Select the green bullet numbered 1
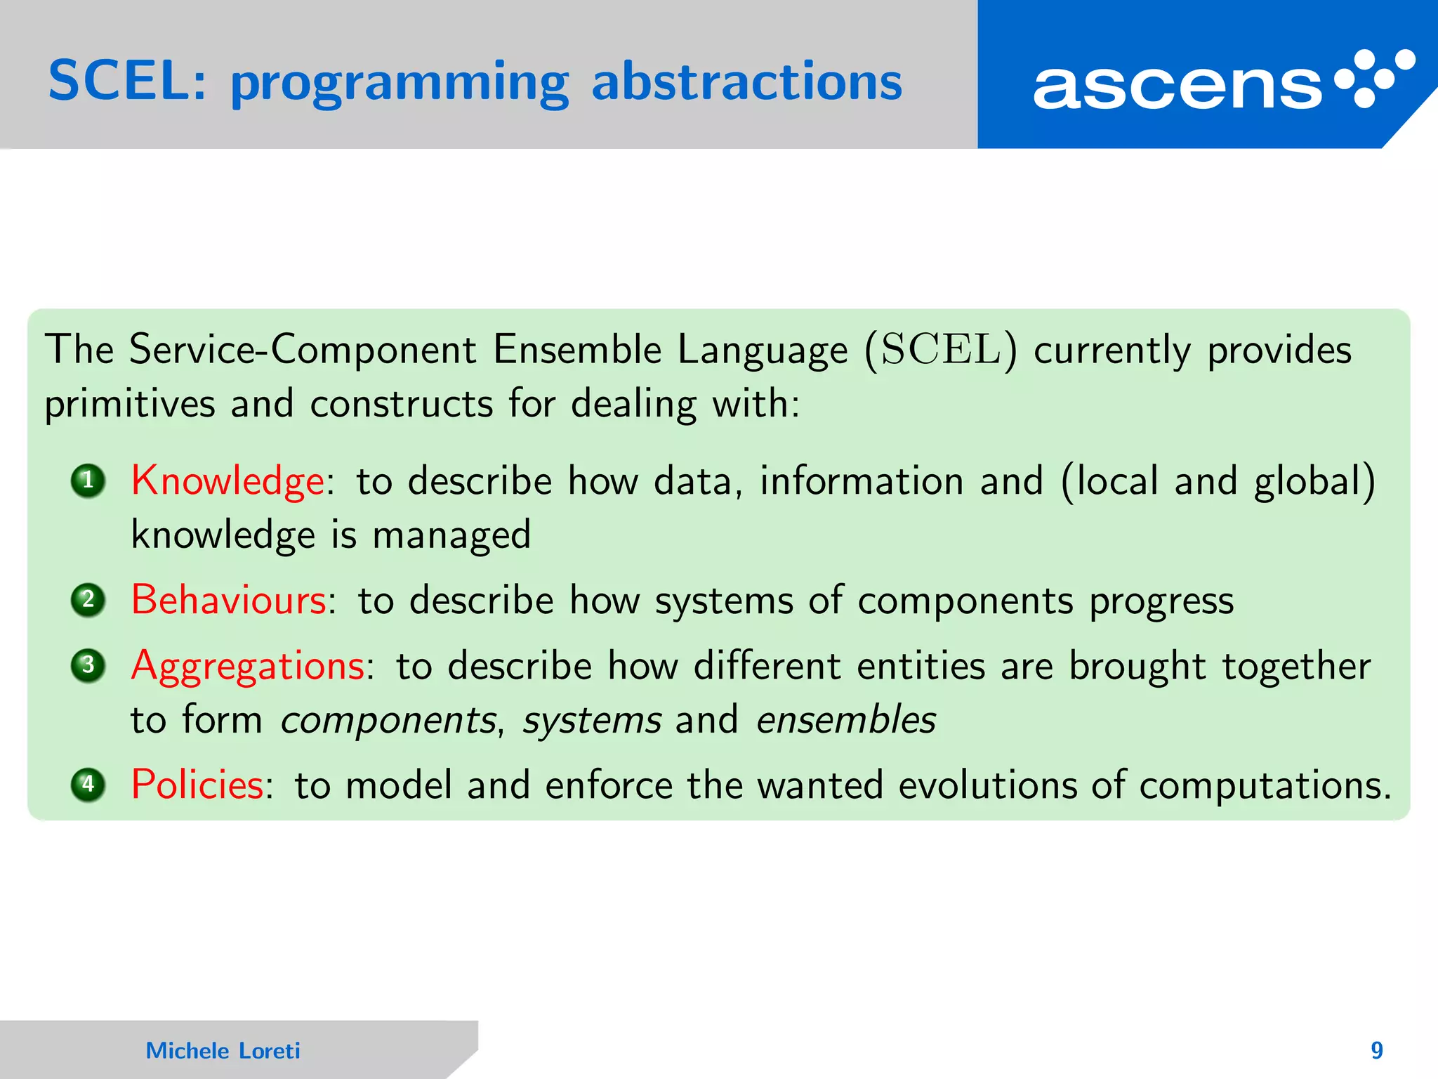tap(88, 481)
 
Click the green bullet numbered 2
tap(88, 601)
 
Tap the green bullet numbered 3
tap(88, 665)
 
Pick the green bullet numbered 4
tap(88, 785)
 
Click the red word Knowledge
tap(227, 482)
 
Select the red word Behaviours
tap(229, 601)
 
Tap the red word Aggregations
tap(248, 667)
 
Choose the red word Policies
tap(197, 785)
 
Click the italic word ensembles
tap(846, 720)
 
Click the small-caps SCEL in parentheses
tap(941, 349)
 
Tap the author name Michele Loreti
tap(223, 1050)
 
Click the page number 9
tap(1377, 1050)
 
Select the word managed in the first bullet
tap(451, 536)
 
